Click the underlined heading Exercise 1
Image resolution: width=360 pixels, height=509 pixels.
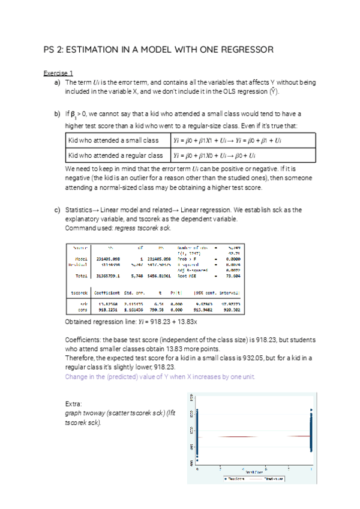pos(58,73)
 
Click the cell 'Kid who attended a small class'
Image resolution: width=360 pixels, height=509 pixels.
pos(113,140)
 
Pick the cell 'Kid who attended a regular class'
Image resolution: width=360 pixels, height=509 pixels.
pos(116,155)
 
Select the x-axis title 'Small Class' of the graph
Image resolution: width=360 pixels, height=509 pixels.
pos(256,471)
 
